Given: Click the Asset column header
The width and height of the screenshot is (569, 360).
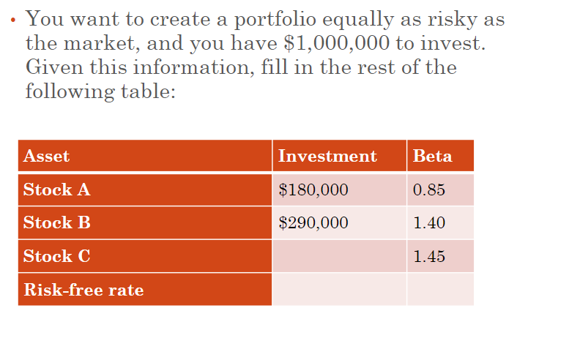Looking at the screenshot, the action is tap(46, 156).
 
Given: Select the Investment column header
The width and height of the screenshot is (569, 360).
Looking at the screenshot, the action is tap(327, 156).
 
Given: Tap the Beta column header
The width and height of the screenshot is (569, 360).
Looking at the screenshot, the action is tap(433, 156).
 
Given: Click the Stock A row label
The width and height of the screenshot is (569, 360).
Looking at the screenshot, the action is tap(56, 190).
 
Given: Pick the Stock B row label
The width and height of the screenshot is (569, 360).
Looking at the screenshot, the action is tap(56, 222).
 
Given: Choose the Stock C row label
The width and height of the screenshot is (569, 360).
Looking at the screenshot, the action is tap(56, 256).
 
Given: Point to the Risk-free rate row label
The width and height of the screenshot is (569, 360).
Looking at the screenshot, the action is tap(83, 290).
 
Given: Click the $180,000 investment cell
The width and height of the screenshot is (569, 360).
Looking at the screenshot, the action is tap(313, 190).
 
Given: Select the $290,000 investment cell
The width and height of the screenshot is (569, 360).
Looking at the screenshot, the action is tap(313, 222).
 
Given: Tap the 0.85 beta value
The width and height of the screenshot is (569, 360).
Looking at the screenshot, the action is tap(429, 190).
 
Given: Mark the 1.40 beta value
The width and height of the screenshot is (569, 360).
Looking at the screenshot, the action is tap(429, 222).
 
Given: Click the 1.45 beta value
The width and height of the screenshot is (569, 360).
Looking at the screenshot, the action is tap(429, 256).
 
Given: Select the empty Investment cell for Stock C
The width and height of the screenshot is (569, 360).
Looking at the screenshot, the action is tap(339, 256).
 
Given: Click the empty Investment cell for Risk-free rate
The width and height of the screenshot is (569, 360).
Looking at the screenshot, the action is tap(339, 289).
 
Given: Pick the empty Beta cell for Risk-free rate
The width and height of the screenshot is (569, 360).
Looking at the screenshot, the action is tap(441, 289).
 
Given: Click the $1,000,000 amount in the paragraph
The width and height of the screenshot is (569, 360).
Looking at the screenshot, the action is tap(336, 43).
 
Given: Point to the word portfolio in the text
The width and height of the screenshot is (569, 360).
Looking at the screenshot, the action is tap(275, 20).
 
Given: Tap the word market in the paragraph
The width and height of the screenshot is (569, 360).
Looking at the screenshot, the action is tap(102, 43).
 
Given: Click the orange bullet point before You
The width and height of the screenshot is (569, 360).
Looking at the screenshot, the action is tap(13, 20).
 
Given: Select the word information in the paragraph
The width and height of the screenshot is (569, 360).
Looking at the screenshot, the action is tap(194, 67).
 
